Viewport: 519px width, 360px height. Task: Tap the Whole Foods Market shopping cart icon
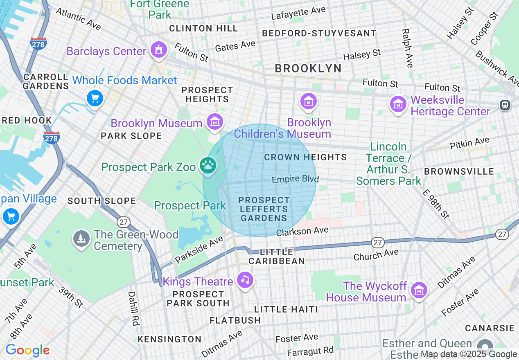tap(95, 98)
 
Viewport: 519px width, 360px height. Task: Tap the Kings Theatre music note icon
tap(245, 280)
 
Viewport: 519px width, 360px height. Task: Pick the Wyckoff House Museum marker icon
tap(419, 290)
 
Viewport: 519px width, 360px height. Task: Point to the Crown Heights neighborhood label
tap(305, 157)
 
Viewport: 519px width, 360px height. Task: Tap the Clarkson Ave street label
tap(302, 232)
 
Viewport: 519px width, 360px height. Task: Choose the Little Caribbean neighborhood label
tap(277, 256)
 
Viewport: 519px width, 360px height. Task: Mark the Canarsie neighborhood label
tap(490, 328)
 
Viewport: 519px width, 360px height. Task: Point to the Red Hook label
tap(26, 120)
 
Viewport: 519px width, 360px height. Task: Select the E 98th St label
tap(436, 204)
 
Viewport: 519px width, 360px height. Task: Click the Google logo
tap(27, 350)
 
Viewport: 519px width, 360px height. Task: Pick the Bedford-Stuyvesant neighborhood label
tap(319, 33)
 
